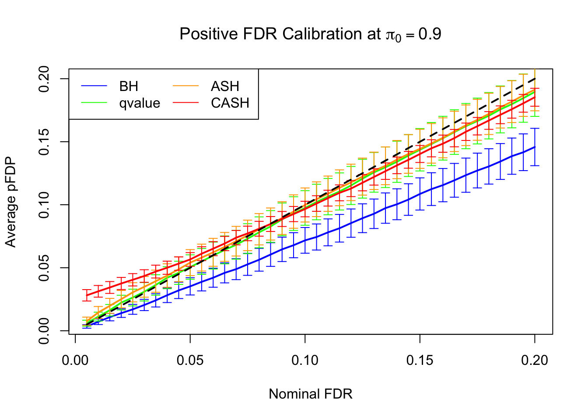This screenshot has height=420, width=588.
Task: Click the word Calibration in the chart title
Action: pos(331,34)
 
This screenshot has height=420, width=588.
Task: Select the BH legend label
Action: pos(129,86)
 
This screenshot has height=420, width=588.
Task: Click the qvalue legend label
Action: pos(140,103)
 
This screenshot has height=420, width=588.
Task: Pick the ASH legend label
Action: pos(225,86)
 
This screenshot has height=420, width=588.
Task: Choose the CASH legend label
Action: pos(230,103)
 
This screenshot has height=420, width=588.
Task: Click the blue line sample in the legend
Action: pos(94,86)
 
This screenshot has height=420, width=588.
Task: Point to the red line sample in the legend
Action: pos(186,103)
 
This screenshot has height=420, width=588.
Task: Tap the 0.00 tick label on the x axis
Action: pos(75,360)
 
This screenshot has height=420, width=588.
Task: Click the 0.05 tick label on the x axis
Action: pos(190,360)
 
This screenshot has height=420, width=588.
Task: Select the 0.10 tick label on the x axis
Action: pos(305,360)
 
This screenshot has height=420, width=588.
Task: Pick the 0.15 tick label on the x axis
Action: pos(420,360)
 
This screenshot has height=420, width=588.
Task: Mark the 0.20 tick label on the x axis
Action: pos(535,360)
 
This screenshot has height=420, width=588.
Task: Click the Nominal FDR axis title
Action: pos(311,394)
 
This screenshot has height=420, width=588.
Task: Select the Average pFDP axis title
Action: pos(10,202)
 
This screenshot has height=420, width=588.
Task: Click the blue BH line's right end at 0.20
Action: pos(535,147)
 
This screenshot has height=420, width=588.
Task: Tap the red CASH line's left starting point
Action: pos(87,295)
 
